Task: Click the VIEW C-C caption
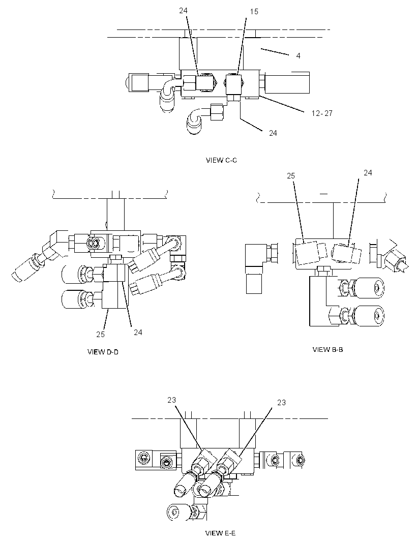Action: tap(221, 160)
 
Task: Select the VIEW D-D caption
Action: tap(103, 352)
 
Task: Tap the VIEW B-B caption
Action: tap(328, 349)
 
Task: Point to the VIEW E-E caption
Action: tap(221, 533)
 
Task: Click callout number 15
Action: tap(254, 12)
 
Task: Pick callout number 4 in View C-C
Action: tap(298, 55)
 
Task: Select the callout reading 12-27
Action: tap(321, 113)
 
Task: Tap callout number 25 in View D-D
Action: tap(100, 334)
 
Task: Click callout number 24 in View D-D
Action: tap(138, 332)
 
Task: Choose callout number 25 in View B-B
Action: tap(291, 176)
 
